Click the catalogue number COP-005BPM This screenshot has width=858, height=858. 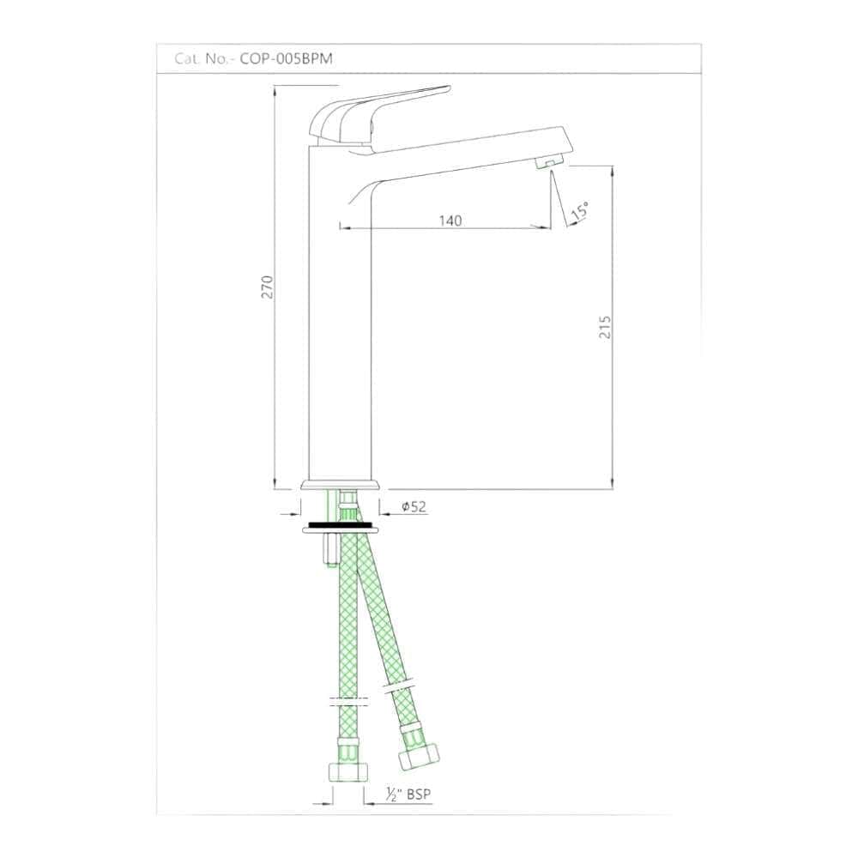coord(287,58)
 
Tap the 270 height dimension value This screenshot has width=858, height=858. coord(267,287)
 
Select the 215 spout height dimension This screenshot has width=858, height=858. coord(605,327)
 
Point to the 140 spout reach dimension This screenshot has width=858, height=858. coord(450,221)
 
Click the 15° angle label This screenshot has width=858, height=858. coord(580,211)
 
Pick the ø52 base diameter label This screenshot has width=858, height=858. coord(414,507)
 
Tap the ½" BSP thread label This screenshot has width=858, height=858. coord(408,794)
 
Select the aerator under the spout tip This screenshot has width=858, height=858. coord(549,162)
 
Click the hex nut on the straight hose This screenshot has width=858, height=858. coord(348,771)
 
